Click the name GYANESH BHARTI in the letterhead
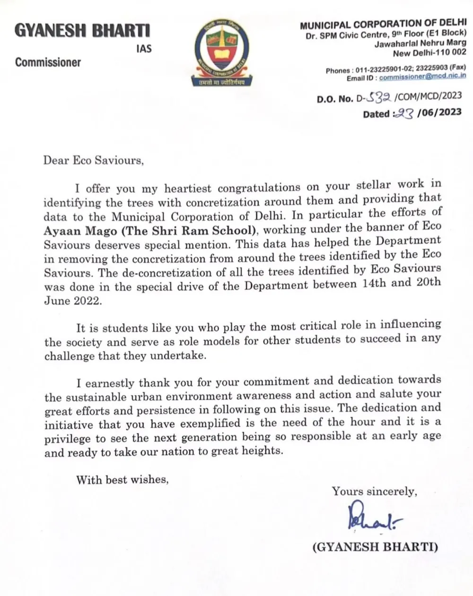click(x=82, y=31)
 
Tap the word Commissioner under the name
click(x=48, y=62)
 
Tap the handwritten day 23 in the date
click(x=404, y=113)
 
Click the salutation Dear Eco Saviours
click(x=93, y=160)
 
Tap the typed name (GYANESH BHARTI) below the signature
click(x=375, y=547)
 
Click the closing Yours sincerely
click(x=374, y=492)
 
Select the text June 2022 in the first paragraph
click(x=72, y=301)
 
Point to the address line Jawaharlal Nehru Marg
click(x=420, y=44)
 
